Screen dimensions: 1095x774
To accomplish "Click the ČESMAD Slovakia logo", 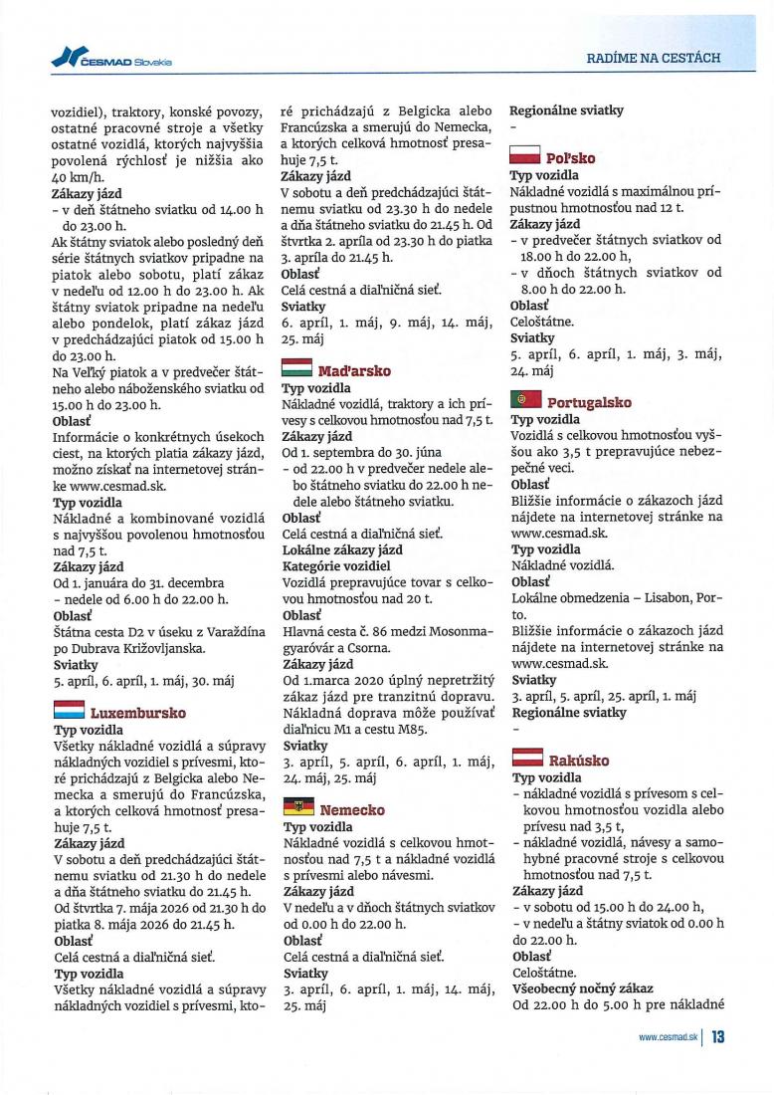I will (110, 61).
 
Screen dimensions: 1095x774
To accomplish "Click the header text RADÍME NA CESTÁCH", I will (654, 59).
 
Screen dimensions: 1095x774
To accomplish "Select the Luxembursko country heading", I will (138, 713).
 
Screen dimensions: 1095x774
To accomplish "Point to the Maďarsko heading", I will (353, 371).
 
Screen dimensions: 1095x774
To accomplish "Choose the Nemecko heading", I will (352, 810).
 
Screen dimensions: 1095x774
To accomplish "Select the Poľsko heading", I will (571, 158).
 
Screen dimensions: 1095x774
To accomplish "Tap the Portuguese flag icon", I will (524, 402).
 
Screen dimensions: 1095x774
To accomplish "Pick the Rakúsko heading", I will (578, 762).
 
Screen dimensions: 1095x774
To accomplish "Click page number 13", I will (717, 1037).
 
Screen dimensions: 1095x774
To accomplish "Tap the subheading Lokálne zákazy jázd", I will (342, 549).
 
